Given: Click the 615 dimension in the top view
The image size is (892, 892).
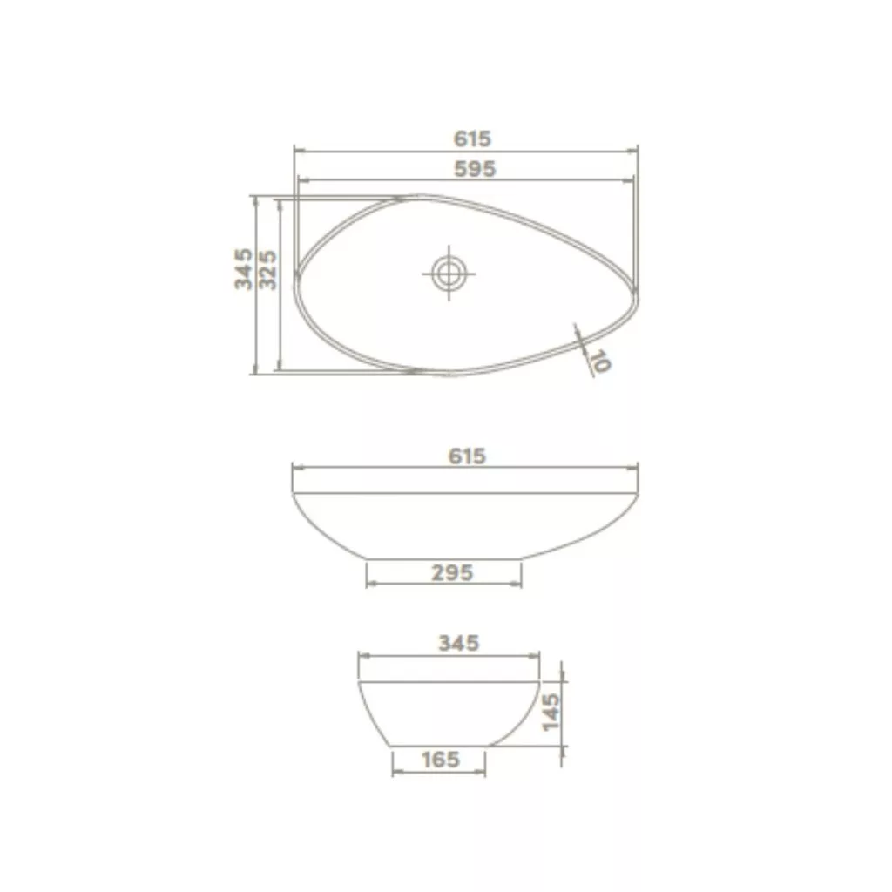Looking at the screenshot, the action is (472, 139).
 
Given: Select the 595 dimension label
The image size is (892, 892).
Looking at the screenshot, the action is (475, 169).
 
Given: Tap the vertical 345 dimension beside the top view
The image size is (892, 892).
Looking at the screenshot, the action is (244, 268).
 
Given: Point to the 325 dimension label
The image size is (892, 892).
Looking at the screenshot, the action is (267, 270).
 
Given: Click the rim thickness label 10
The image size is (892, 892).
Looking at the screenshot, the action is (600, 361).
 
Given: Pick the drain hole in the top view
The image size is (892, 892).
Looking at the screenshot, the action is (449, 274).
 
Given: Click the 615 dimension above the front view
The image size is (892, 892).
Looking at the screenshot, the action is (467, 456).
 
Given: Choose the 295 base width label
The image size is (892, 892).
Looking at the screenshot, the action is (452, 573).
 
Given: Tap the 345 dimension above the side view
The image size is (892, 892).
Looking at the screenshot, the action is (458, 644).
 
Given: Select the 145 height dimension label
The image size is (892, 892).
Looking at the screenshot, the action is (551, 712).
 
